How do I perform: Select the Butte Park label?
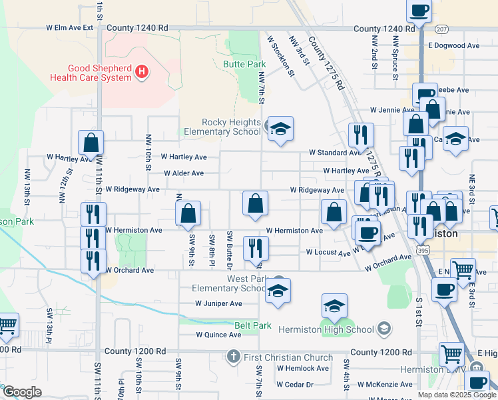(x=243, y=65)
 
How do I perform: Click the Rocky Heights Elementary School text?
(x=231, y=127)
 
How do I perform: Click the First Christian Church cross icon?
(x=233, y=357)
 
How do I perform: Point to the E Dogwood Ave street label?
(x=454, y=46)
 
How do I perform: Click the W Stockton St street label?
(x=280, y=57)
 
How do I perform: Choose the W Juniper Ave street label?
(x=218, y=303)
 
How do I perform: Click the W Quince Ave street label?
(x=218, y=335)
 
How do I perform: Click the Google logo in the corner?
(x=22, y=392)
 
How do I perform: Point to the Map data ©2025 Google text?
(x=457, y=395)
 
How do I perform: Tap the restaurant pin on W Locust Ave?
(x=256, y=249)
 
